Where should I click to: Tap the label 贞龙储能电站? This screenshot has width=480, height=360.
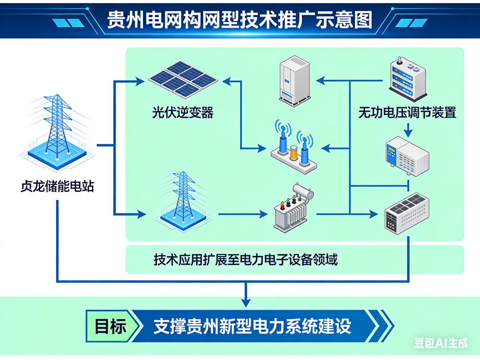pos(57,186)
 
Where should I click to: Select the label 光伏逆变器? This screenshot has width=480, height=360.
pos(183,112)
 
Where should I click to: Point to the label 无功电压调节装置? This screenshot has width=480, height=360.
pos(407,112)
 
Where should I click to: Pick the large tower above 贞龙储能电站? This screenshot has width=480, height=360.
pos(57,127)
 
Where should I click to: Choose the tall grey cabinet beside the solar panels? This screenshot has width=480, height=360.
pos(295,80)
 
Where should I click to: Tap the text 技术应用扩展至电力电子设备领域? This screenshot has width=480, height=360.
pos(246,259)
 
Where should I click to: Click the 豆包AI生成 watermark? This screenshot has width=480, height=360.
pos(441,343)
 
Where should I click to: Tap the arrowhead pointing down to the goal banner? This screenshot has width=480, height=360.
pos(246,302)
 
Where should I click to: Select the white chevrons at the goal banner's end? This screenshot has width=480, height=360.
pos(382,326)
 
